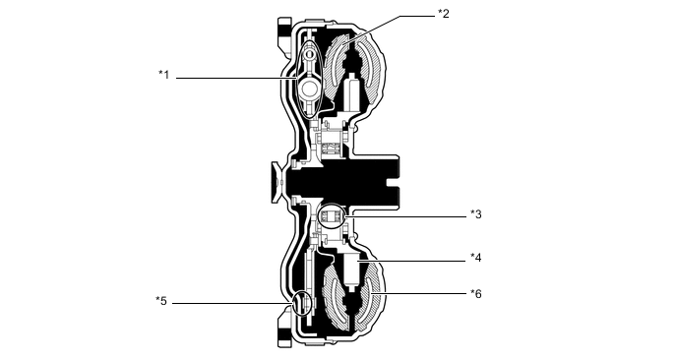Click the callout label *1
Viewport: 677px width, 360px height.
(x=163, y=75)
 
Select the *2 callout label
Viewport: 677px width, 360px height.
(x=444, y=14)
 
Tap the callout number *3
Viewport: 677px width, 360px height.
(x=476, y=214)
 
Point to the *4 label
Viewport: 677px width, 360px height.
(x=476, y=258)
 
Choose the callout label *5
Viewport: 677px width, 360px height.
(x=161, y=300)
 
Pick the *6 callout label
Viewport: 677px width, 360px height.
(x=476, y=294)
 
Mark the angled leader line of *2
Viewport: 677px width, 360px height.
(x=388, y=29)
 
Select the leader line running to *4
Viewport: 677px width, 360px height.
(x=412, y=261)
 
